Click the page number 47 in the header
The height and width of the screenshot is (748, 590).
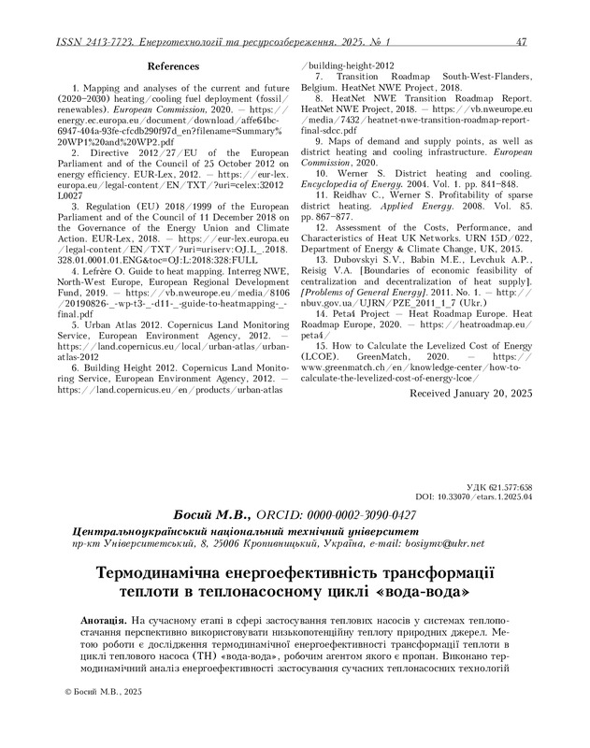(x=522, y=42)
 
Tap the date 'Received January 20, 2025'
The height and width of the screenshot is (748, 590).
(x=470, y=396)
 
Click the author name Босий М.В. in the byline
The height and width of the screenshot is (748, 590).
(x=212, y=515)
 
